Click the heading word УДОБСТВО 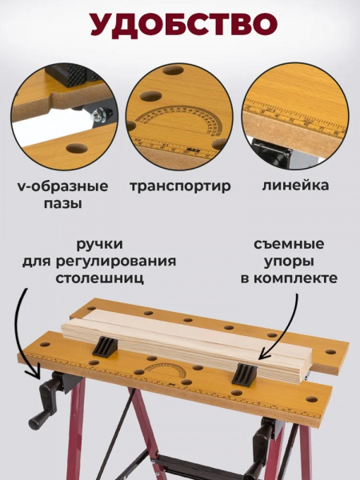coord(184,25)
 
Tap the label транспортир coord(180,186)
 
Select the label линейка coord(295,186)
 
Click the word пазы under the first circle coord(62,203)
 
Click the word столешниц coord(99,279)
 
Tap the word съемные coord(289,244)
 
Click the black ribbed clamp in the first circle coord(71,74)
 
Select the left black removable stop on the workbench coord(105,346)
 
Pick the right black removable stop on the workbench coord(244,374)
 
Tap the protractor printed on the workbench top coord(166,371)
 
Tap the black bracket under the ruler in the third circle coord(272,152)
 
